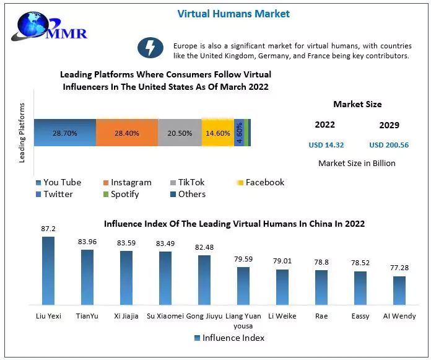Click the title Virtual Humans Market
(233, 13)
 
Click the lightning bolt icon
(150, 48)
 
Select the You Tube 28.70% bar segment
(65, 133)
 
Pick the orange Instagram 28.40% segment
(127, 133)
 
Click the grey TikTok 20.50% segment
(180, 133)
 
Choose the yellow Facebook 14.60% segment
(217, 133)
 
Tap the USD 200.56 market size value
(389, 145)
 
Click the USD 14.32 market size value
(326, 145)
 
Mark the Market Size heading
(357, 104)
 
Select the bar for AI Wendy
(399, 291)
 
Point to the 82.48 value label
(204, 247)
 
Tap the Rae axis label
(321, 316)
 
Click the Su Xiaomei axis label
(165, 316)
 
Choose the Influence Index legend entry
(229, 338)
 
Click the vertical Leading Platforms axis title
(22, 133)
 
